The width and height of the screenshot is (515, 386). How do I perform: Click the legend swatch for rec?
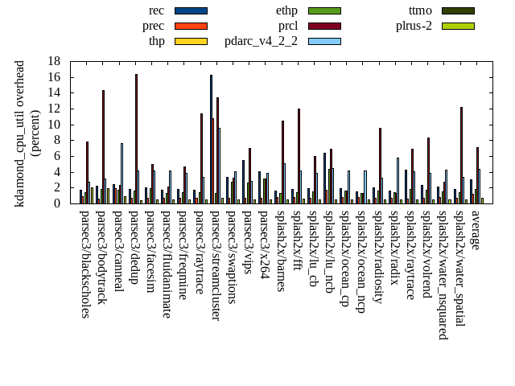191,10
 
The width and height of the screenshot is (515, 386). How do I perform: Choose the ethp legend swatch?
324,10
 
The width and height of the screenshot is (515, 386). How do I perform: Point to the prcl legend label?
287,26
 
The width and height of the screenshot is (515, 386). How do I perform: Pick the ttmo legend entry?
420,10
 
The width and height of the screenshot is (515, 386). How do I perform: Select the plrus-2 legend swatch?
458,26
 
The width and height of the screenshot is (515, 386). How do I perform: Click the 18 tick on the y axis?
54,61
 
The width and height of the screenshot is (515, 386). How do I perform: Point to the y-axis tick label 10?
54,125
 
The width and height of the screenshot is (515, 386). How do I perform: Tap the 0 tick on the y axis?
57,203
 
